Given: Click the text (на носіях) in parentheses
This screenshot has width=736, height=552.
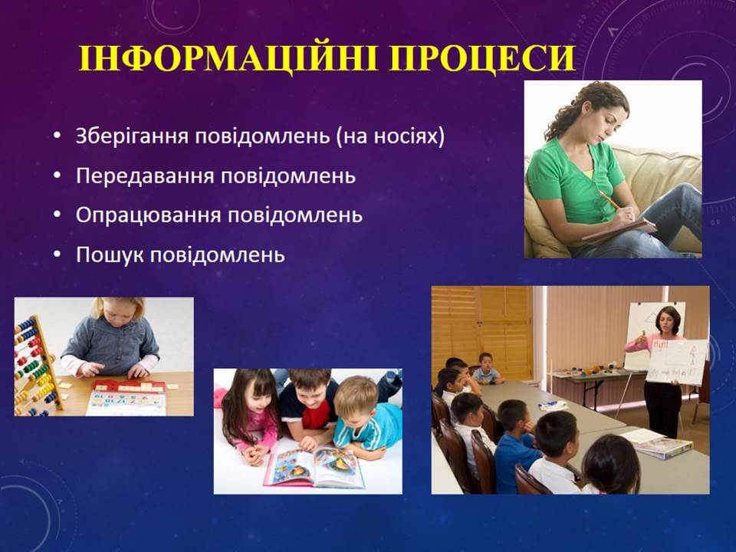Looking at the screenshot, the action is click(x=390, y=136).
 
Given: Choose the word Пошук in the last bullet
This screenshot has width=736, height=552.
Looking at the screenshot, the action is click(x=110, y=255).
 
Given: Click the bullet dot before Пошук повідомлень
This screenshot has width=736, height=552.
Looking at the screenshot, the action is click(x=58, y=255).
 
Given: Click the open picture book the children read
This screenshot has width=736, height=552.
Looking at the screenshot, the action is click(x=313, y=467).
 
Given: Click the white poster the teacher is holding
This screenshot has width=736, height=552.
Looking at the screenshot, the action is click(x=676, y=361).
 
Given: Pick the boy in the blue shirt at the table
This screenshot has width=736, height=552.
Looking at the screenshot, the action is click(x=515, y=446).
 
